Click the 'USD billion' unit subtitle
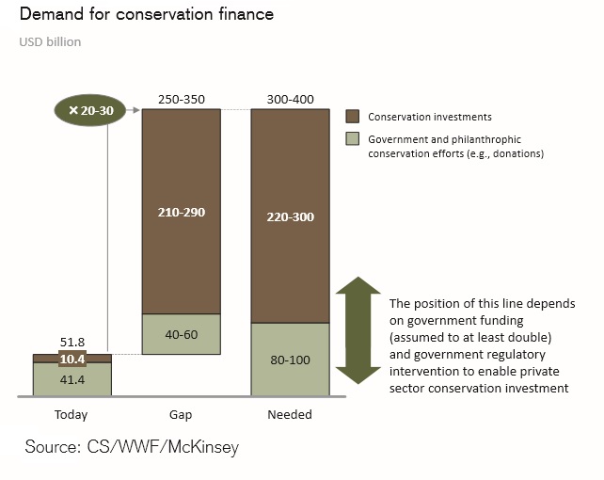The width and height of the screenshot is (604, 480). click(x=50, y=42)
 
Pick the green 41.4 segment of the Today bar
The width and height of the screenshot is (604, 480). click(x=72, y=378)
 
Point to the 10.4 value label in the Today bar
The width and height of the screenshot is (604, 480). click(x=72, y=360)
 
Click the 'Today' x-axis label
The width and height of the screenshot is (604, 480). click(x=72, y=414)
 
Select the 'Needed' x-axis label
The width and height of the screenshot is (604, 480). click(x=290, y=414)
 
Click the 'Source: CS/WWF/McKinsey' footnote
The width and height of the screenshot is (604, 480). click(x=132, y=447)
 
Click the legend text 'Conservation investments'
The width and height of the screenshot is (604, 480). click(x=430, y=117)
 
